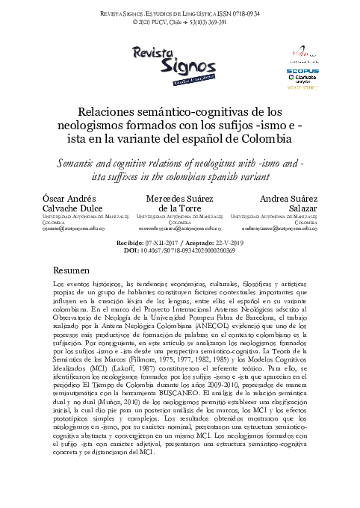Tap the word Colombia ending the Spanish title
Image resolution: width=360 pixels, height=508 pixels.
269,141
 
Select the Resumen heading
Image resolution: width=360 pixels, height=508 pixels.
73,268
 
